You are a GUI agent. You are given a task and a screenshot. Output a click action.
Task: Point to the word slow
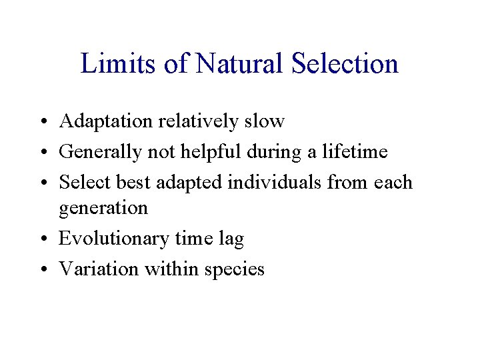point(264,122)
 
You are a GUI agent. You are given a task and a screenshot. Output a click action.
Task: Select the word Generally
point(97,152)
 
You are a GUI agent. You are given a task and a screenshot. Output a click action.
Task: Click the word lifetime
point(355,152)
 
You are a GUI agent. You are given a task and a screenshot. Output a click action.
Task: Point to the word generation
point(103,208)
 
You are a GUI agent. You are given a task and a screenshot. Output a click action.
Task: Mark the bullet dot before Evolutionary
point(41,239)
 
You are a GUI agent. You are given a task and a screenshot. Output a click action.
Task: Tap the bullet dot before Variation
point(41,269)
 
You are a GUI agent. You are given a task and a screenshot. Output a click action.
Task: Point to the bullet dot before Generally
point(41,153)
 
